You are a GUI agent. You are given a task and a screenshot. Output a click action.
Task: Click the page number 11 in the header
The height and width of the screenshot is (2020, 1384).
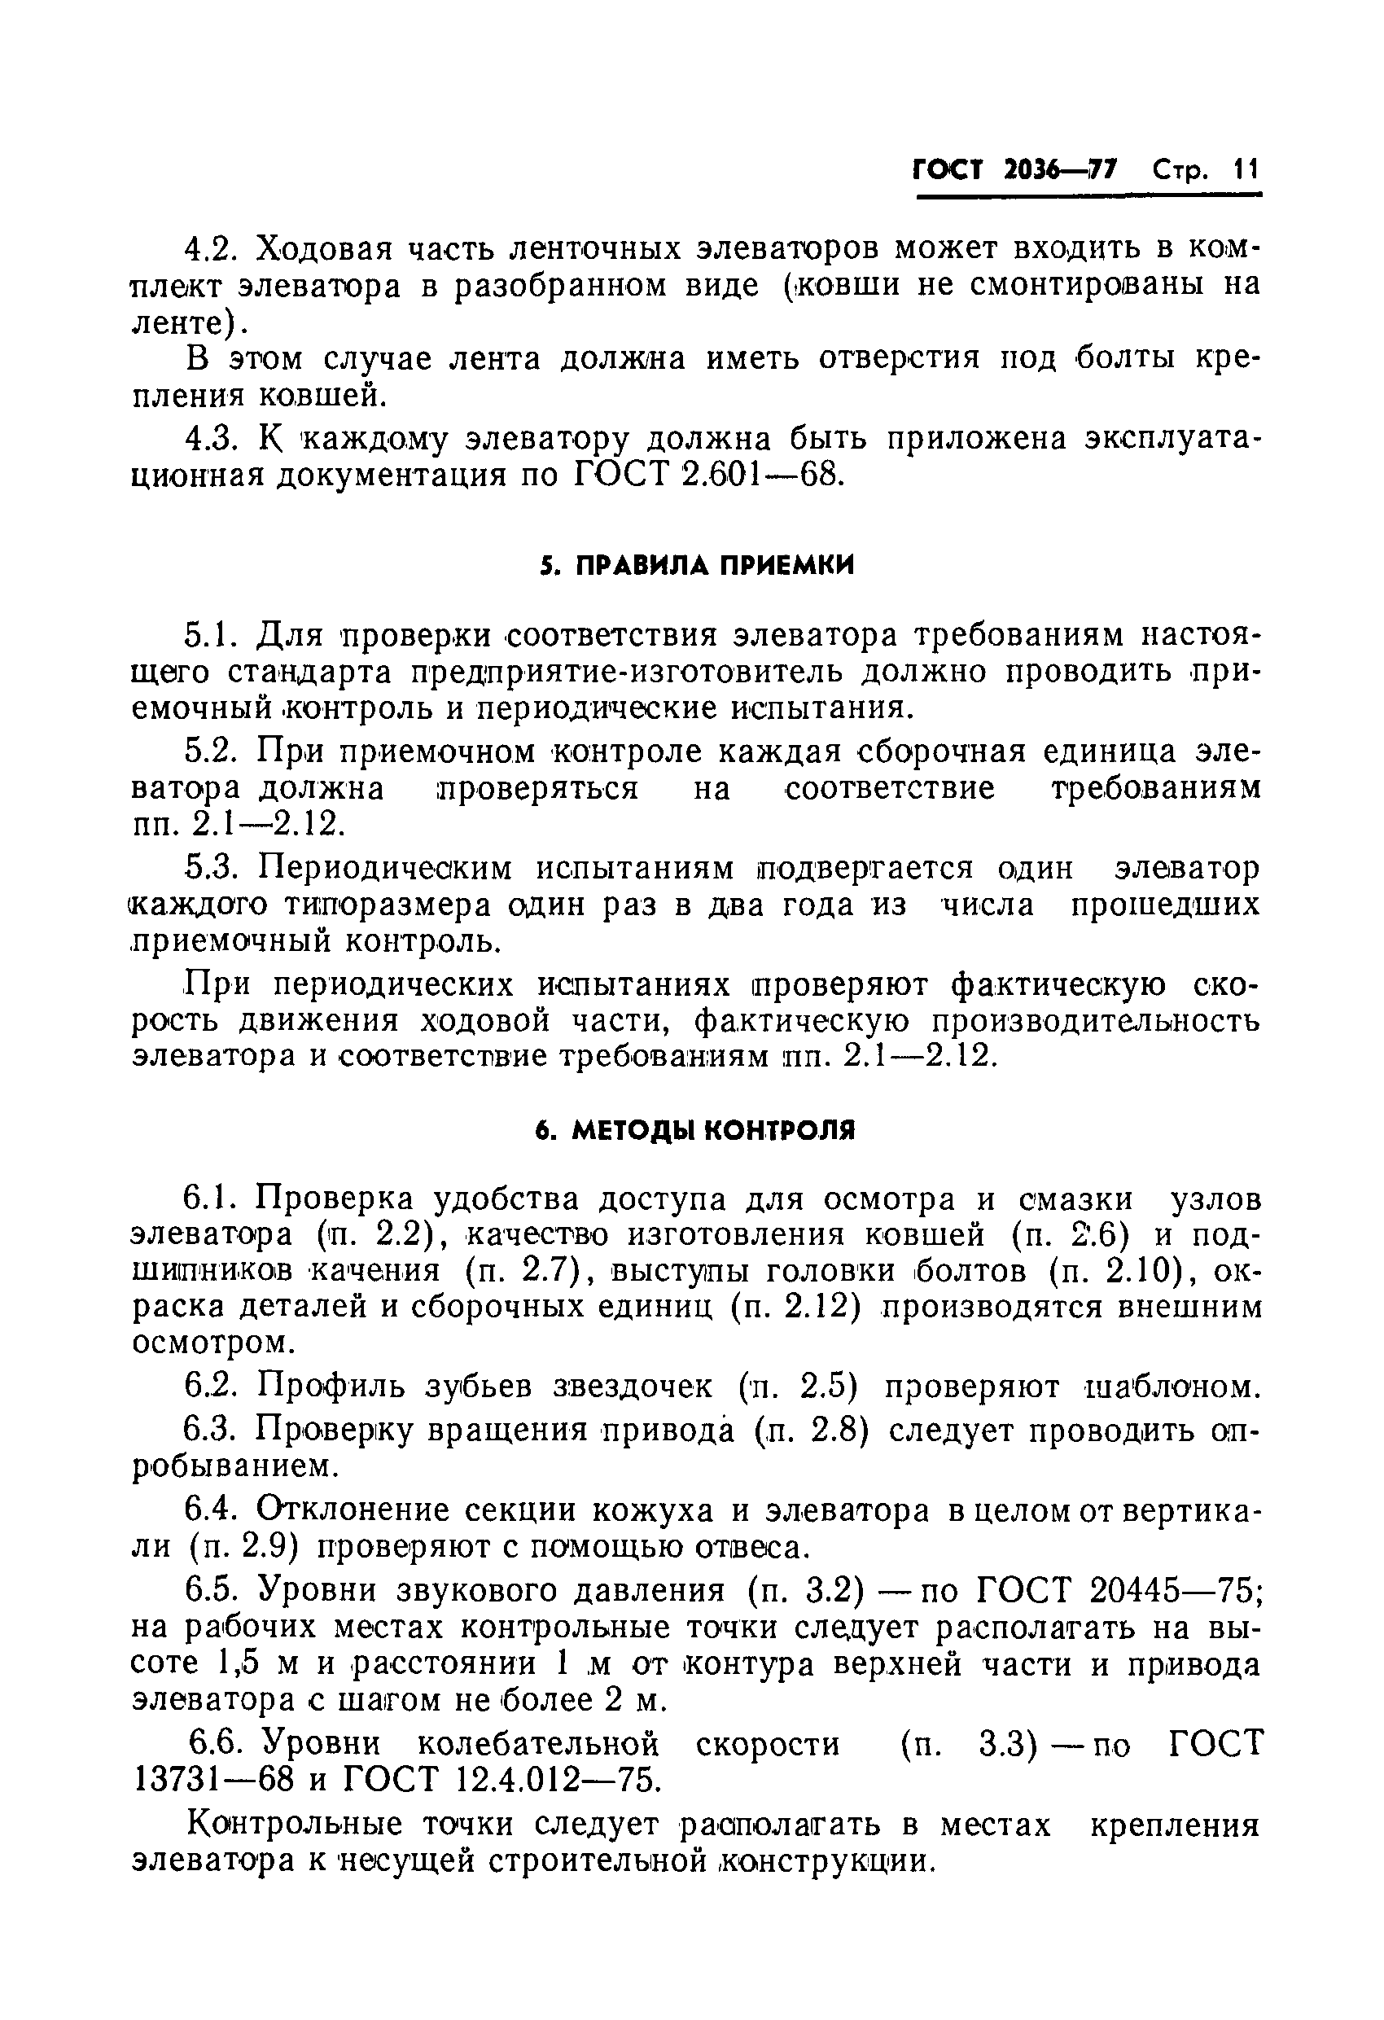pos(1245,169)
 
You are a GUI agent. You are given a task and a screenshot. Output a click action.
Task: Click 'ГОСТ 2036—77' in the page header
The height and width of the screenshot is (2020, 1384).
pos(1015,169)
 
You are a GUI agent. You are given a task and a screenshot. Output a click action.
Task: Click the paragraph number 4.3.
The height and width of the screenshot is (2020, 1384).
pos(211,439)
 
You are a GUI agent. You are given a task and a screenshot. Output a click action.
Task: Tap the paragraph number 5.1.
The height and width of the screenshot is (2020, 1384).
pos(211,635)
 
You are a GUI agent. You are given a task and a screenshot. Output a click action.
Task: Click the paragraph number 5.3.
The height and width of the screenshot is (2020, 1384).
pos(211,868)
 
